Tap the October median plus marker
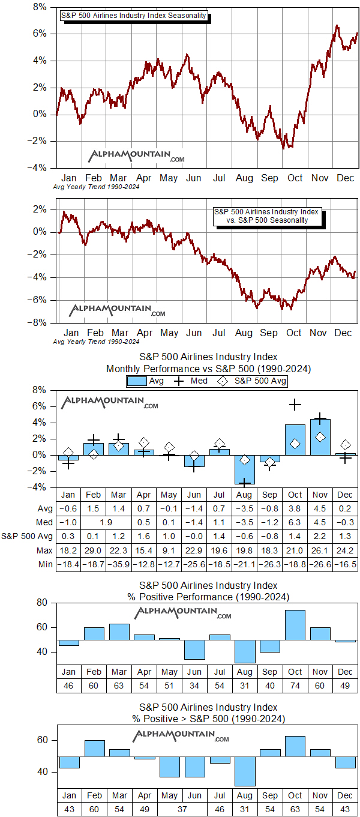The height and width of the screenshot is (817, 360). click(295, 405)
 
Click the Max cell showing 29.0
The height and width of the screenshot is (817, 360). click(94, 552)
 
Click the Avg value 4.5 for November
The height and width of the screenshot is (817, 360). click(320, 508)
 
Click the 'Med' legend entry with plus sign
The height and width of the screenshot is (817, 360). click(191, 381)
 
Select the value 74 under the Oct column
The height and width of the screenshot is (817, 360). click(295, 686)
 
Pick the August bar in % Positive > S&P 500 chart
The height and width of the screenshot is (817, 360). click(244, 771)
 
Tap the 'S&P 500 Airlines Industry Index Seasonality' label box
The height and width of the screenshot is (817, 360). click(134, 16)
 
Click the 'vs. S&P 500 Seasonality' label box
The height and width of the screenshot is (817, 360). click(267, 216)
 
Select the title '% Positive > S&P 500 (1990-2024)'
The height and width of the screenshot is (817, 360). click(208, 719)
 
